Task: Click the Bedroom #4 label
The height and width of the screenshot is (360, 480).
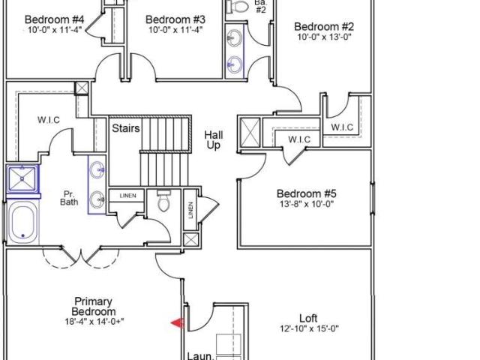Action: coord(54,19)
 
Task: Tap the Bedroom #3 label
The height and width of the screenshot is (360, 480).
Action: coord(175,19)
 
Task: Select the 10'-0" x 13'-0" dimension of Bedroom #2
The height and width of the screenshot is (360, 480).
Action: coord(324,37)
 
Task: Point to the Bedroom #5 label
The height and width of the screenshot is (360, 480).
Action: coord(307,193)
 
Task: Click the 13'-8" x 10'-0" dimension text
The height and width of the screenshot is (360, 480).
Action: coord(307,204)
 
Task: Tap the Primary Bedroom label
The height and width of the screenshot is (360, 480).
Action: coord(94,307)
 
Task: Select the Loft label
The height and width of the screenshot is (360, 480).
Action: coord(308,318)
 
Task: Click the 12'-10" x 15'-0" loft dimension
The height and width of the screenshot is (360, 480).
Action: coord(309,328)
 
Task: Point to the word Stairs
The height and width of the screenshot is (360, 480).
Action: coord(126,128)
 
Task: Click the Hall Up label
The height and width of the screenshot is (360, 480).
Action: coord(213,140)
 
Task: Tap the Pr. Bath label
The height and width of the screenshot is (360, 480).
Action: coord(69,198)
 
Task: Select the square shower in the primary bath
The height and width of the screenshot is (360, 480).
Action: coord(22,178)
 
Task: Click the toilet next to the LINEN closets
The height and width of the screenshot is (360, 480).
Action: coord(163,200)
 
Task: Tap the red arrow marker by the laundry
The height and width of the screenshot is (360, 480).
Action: coord(178,322)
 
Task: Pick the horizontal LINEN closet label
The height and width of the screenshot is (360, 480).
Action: coord(127,196)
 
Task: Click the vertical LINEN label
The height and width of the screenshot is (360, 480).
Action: coord(191,210)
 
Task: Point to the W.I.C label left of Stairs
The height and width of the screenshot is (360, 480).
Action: coord(49,120)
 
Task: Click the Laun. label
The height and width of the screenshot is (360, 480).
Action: coord(200,356)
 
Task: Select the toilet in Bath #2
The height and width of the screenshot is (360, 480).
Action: coord(237,6)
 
